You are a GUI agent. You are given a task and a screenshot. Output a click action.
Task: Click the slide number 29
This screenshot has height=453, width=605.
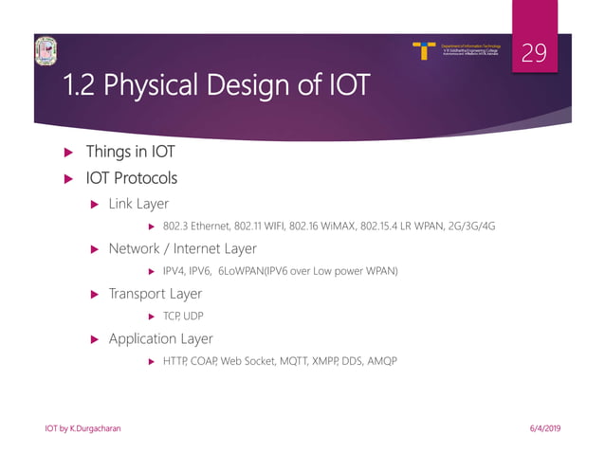click(x=534, y=53)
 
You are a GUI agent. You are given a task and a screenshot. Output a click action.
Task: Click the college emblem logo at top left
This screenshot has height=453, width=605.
click(x=46, y=53)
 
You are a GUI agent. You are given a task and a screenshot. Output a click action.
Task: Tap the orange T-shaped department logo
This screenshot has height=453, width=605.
click(x=425, y=50)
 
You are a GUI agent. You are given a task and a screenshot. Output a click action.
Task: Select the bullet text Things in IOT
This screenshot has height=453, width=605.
click(x=130, y=152)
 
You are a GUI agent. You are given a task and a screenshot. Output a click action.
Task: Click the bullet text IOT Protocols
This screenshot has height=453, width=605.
click(x=131, y=177)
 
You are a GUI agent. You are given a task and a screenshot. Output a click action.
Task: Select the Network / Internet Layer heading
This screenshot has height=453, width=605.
click(x=182, y=248)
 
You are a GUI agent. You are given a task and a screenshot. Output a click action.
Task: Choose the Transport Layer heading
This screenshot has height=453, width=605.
click(x=155, y=294)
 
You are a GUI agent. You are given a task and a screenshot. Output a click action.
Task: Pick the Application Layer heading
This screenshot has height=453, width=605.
click(x=160, y=338)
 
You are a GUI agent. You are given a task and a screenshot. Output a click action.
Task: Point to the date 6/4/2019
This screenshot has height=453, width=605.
click(x=545, y=429)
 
